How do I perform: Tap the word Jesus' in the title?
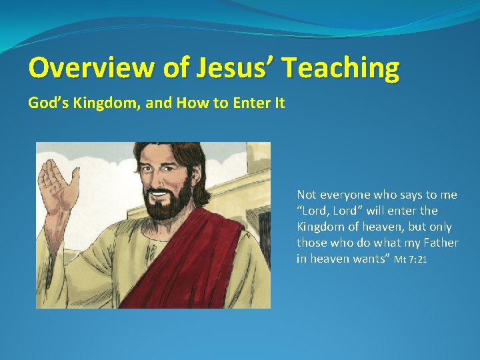click(x=226, y=67)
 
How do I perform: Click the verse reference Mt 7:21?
click(x=411, y=259)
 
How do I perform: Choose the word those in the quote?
click(x=312, y=243)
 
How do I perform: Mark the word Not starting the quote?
click(x=306, y=195)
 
